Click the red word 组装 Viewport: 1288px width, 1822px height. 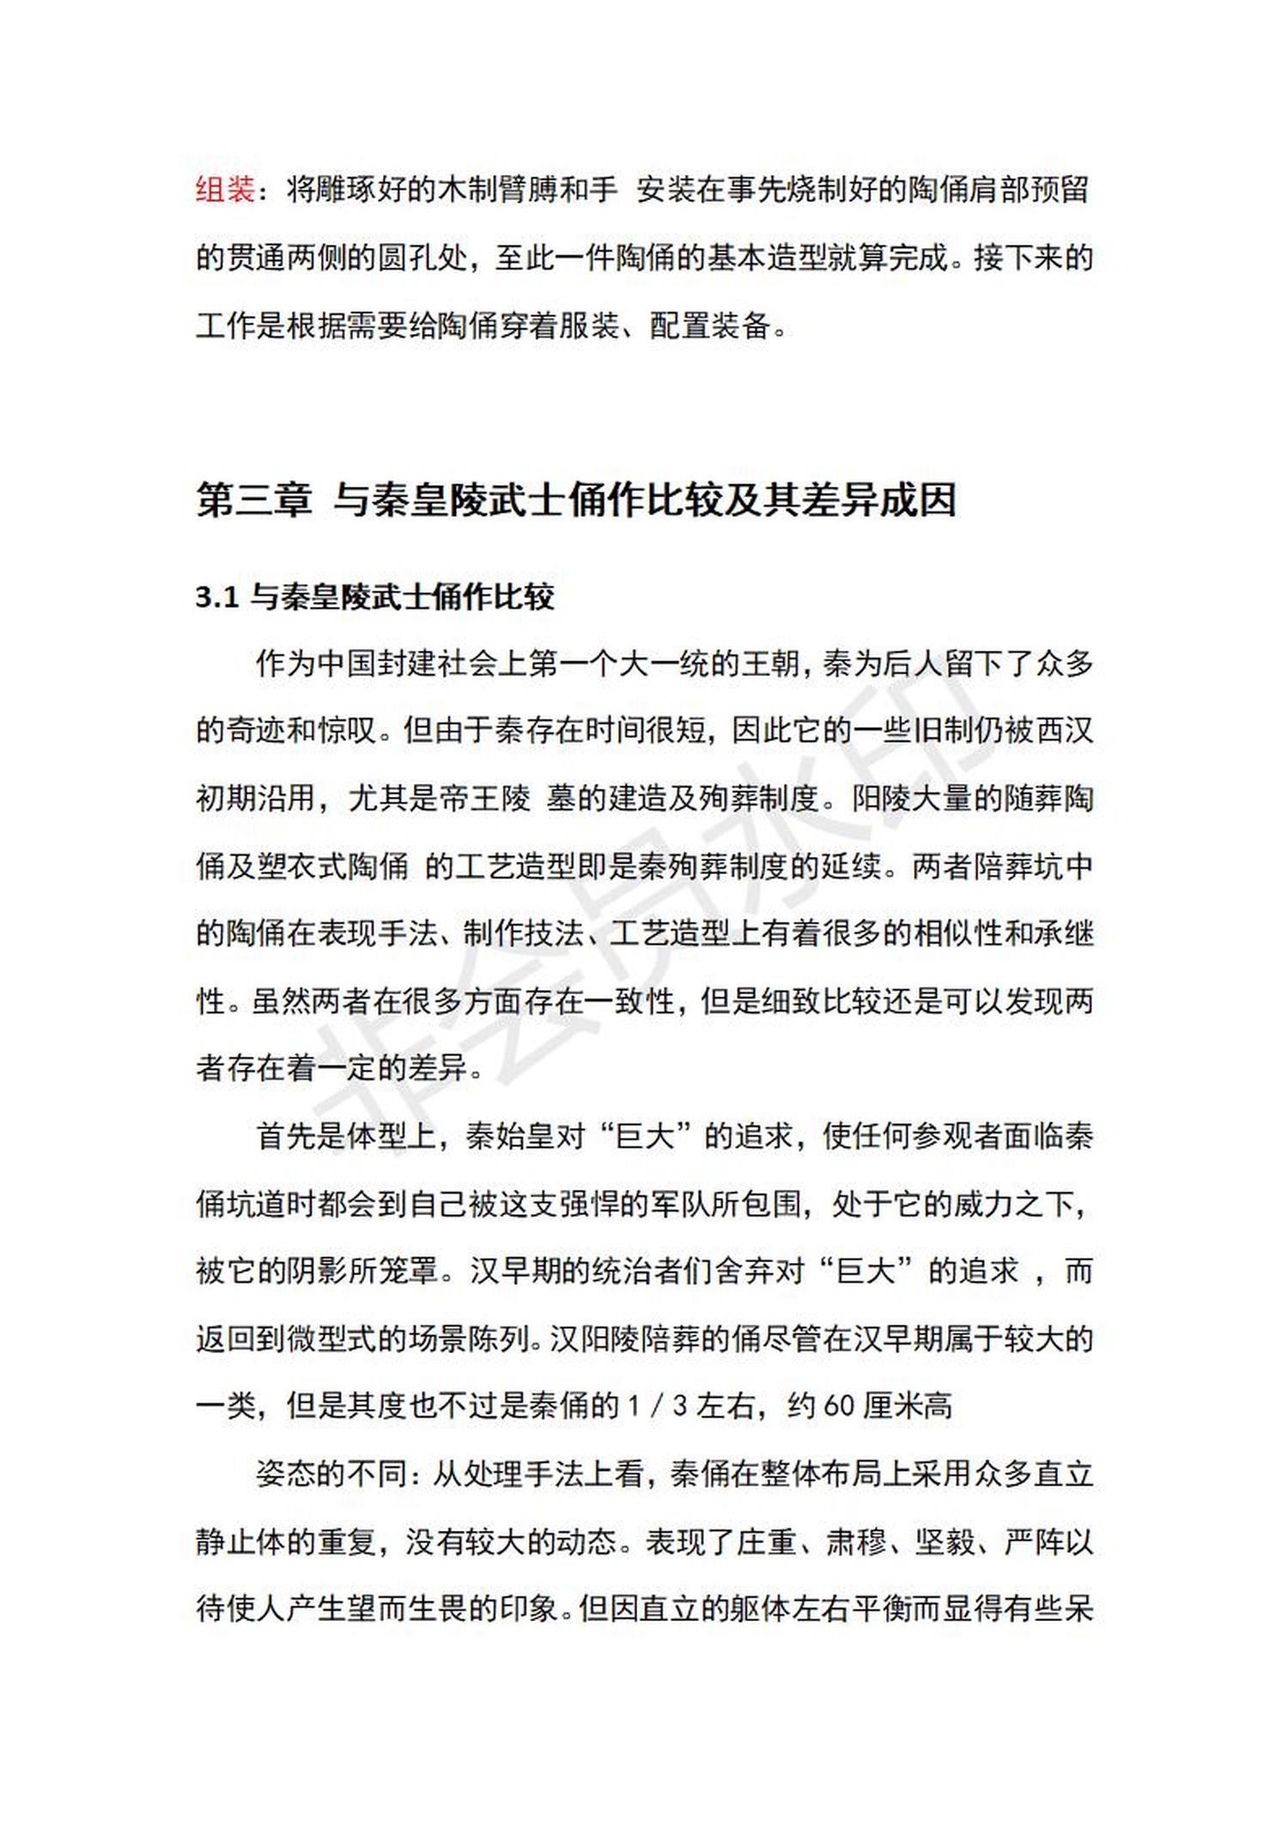(225, 189)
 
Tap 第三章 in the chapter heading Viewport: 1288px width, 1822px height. (253, 500)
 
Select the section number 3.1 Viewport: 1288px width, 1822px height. (216, 597)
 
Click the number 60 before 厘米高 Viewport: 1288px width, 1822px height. (838, 1406)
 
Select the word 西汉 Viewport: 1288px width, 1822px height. (1065, 731)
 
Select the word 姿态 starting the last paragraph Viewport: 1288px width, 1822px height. (285, 1473)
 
